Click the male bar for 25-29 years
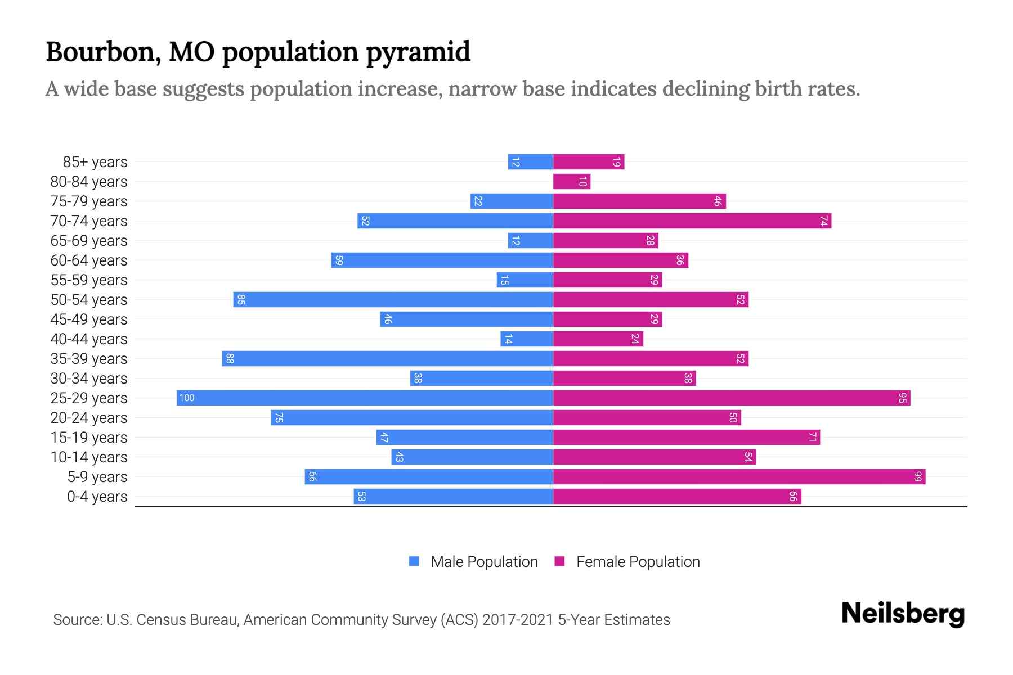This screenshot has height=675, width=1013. [x=365, y=398]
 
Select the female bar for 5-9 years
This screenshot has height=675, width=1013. [x=739, y=477]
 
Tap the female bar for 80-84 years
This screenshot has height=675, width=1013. [x=571, y=182]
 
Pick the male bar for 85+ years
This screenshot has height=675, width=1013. [x=530, y=162]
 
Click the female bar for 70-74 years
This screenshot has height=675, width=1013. [x=692, y=221]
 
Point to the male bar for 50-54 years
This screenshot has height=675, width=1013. [x=393, y=300]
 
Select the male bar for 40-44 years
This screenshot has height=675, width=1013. [x=527, y=339]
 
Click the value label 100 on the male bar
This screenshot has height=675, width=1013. [x=187, y=398]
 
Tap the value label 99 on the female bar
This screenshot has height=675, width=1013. [x=918, y=477]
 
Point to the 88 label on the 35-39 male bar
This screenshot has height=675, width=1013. [x=230, y=359]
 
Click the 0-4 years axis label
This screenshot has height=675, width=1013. [x=97, y=497]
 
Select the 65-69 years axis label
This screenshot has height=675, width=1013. [x=89, y=241]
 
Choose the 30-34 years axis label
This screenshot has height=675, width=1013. [x=89, y=379]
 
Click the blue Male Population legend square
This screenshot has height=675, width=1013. [x=414, y=561]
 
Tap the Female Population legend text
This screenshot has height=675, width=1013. [x=638, y=561]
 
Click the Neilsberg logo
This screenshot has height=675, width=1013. [x=903, y=614]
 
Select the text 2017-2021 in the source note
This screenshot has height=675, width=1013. [x=517, y=620]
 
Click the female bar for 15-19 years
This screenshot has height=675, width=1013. [x=686, y=438]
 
